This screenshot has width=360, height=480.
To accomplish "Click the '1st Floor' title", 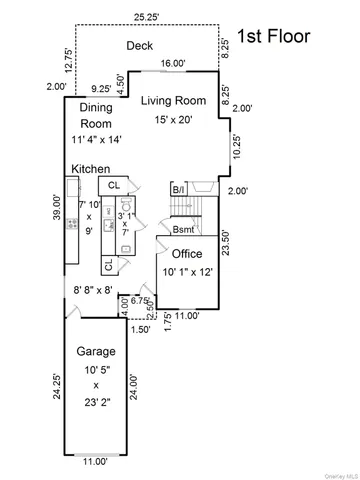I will click(x=273, y=37).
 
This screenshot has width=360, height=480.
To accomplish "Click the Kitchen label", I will click(x=90, y=170).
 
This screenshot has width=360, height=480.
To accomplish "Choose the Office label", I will click(x=187, y=254).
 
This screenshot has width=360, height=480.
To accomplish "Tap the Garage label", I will click(x=97, y=352).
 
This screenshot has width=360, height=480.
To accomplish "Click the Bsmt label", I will click(x=183, y=230).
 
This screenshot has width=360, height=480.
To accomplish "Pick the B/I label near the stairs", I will click(x=178, y=189).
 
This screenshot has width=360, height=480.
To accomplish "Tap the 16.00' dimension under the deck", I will click(x=172, y=64).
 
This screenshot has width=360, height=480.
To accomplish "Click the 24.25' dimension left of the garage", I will click(x=58, y=386).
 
